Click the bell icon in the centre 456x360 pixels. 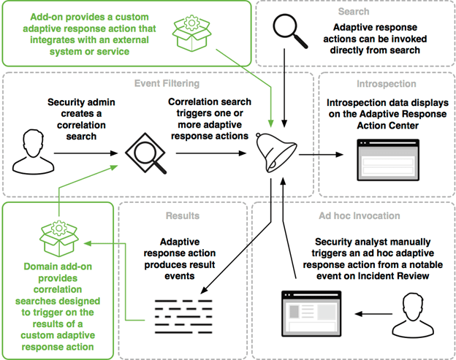276,153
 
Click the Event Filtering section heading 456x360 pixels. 167,84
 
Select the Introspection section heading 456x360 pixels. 387,84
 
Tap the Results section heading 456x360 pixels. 183,216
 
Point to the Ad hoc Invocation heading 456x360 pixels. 360,216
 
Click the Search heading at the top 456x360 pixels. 354,12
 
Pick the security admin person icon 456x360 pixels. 33,152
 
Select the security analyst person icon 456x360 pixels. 413,315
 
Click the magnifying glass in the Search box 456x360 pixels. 290,31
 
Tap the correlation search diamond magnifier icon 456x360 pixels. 145,153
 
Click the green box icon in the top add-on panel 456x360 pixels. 191,34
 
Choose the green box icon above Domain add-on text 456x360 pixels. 59,239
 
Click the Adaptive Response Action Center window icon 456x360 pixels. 388,160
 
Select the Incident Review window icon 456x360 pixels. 311,314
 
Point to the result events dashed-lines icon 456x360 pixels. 183,317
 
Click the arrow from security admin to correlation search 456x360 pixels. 86,153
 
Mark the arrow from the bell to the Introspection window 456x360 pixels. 321,155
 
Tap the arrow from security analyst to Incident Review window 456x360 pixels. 373,314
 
